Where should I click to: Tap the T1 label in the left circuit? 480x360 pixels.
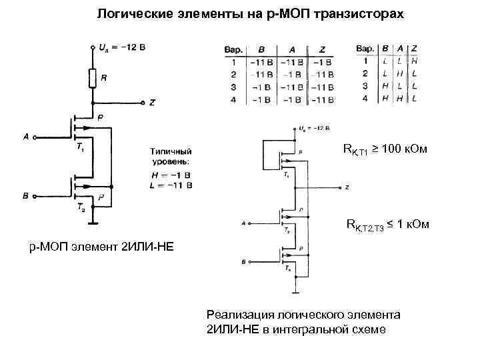coord(80,145)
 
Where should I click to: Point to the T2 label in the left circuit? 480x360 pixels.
coord(80,207)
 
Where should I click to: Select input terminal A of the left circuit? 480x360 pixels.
coord(27,137)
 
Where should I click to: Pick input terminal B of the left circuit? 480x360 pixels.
coord(26,196)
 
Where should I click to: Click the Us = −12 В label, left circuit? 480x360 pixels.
coord(121,48)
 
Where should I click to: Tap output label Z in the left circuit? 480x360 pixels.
coord(152,103)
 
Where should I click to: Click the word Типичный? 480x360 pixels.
coord(171,151)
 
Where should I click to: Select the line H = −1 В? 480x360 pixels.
coord(171,174)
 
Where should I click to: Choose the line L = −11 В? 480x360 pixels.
coord(171,185)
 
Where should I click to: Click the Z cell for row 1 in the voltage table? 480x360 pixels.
coord(322,62)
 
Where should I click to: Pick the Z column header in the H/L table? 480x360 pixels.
coord(414,49)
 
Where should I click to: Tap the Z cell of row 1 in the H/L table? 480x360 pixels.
coord(414,61)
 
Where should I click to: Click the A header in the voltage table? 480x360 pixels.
coord(291,49)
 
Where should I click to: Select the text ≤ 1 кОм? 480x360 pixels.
coord(408,225)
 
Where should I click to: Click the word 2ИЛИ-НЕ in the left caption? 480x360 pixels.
coord(146,247)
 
